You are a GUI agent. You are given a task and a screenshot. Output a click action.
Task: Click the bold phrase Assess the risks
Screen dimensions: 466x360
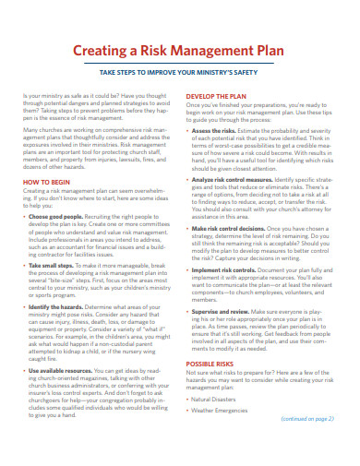tap(217, 131)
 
